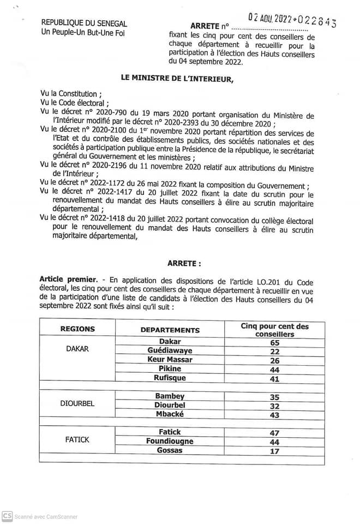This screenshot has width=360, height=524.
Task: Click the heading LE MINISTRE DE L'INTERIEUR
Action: click(x=177, y=79)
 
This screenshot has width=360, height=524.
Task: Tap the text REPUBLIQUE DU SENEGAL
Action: click(x=84, y=23)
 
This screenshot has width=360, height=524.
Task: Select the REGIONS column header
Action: click(x=77, y=329)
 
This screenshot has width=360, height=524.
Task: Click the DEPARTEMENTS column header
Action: click(x=170, y=330)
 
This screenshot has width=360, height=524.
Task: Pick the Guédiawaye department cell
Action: click(x=170, y=350)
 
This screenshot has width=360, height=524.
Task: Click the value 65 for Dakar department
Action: click(x=274, y=342)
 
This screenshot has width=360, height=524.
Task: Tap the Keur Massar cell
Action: click(x=170, y=360)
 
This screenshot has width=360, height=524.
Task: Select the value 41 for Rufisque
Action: click(x=274, y=378)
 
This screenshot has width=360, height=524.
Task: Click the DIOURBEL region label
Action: click(x=77, y=404)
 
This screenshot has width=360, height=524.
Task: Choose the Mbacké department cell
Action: click(x=170, y=414)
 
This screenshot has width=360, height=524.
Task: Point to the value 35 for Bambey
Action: click(x=274, y=397)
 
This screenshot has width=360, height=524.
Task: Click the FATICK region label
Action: click(x=77, y=440)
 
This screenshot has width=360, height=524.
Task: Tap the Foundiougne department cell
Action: click(x=170, y=441)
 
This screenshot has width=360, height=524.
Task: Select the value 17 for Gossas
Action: click(x=274, y=451)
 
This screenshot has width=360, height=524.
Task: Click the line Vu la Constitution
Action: click(x=71, y=94)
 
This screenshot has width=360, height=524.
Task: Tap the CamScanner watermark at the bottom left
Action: click(x=39, y=516)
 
